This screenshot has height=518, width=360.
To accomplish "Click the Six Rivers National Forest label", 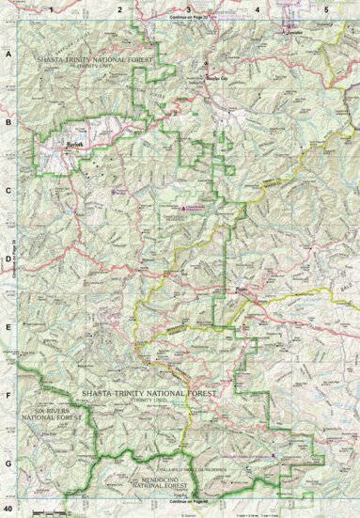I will pyautogui.click(x=47, y=416).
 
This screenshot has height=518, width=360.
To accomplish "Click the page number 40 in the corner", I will pyautogui.click(x=8, y=508).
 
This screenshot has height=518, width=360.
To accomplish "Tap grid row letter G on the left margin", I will pyautogui.click(x=8, y=463).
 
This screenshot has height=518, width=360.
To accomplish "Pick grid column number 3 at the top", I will pyautogui.click(x=189, y=8).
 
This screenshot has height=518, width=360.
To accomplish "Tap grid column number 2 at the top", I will pyautogui.click(x=120, y=8).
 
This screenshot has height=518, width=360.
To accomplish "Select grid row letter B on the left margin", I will pyautogui.click(x=8, y=122).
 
